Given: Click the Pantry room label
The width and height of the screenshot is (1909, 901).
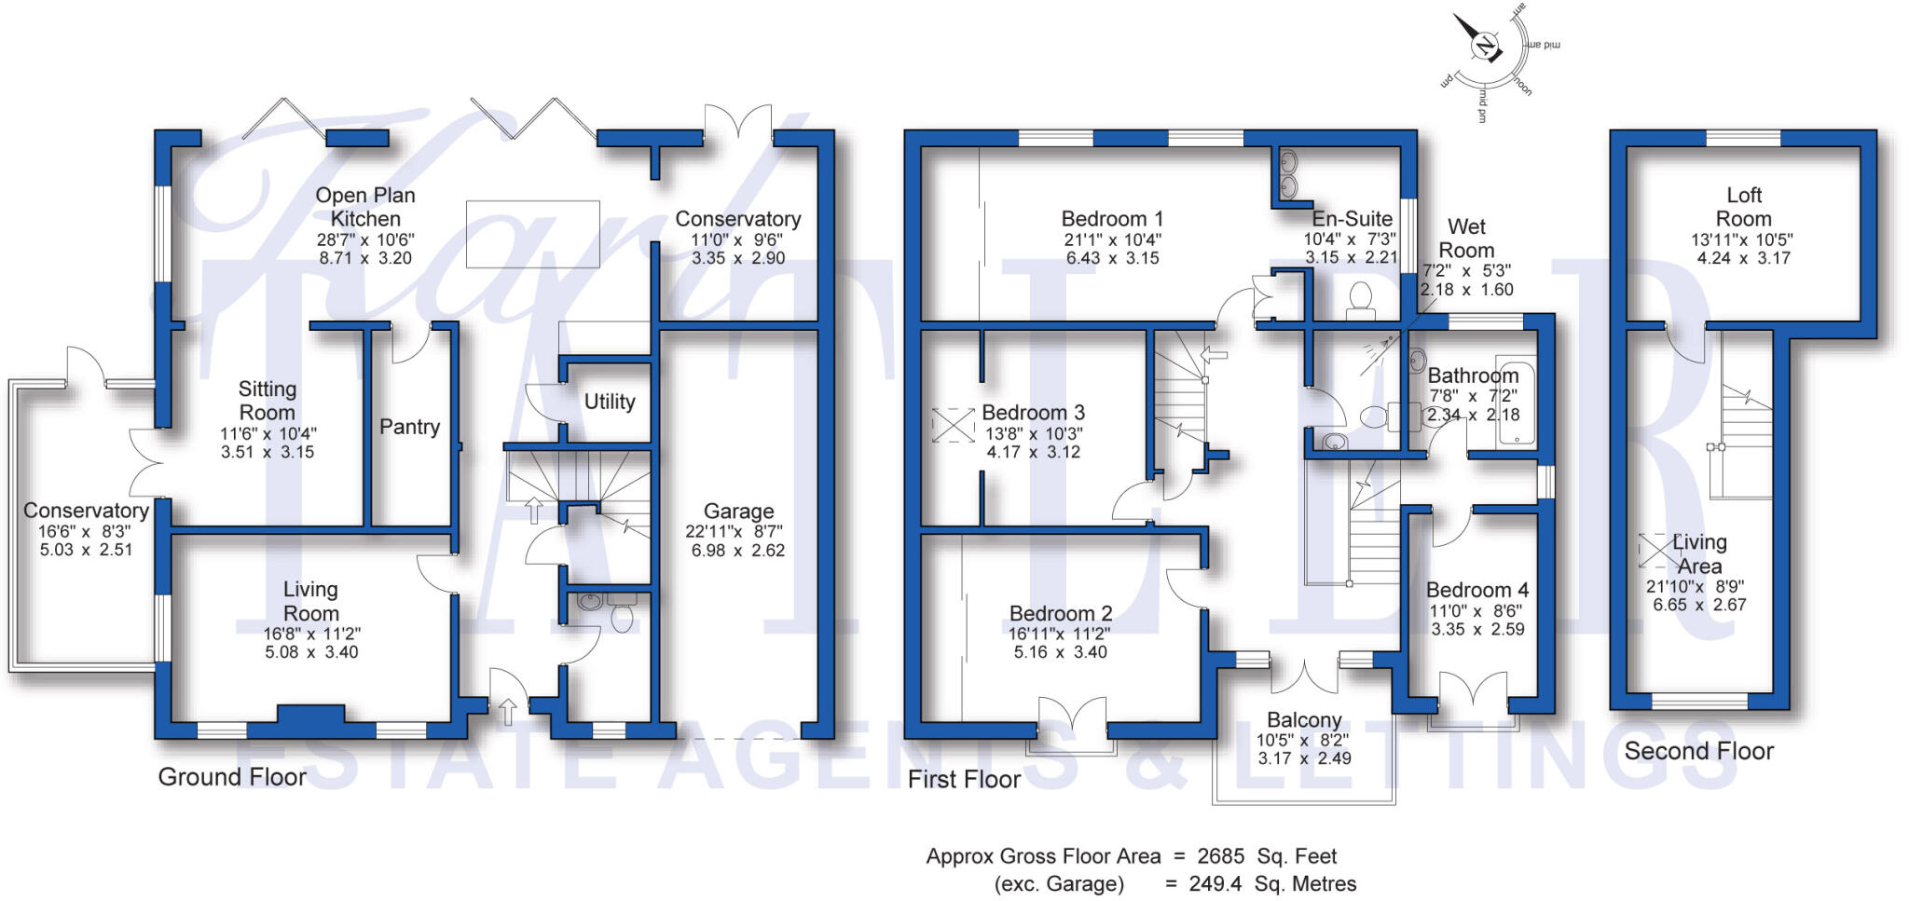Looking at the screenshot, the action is tap(409, 427).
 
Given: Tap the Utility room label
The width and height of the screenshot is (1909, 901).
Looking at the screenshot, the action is tap(610, 402).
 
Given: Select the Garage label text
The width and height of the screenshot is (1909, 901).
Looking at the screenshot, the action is tap(738, 511).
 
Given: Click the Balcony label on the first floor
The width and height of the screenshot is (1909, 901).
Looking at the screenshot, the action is tap(1304, 720).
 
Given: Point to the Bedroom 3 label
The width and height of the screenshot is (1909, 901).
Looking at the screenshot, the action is tap(1033, 413).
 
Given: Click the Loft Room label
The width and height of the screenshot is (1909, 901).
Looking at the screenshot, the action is tap(1743, 207).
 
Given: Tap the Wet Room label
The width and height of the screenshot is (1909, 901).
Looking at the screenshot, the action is tap(1466, 239).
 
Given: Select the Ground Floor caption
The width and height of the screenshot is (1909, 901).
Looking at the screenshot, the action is tap(232, 777).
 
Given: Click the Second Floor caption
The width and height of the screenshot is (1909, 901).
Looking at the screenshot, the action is tap(1698, 751).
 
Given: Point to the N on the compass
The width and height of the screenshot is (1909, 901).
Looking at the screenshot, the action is tap(1484, 46).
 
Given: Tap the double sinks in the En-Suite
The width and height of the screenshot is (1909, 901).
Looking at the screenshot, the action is tap(1289, 175).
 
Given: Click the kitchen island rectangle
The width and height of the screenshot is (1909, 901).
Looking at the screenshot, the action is tap(532, 234).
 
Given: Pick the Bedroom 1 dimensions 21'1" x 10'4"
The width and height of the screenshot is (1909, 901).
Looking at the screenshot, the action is tap(1112, 239).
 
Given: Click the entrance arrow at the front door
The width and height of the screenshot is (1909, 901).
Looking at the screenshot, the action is tap(508, 712).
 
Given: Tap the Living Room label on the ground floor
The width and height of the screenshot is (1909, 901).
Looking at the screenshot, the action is tap(310, 601).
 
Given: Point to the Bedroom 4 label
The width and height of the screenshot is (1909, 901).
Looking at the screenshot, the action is tap(1477, 591).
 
